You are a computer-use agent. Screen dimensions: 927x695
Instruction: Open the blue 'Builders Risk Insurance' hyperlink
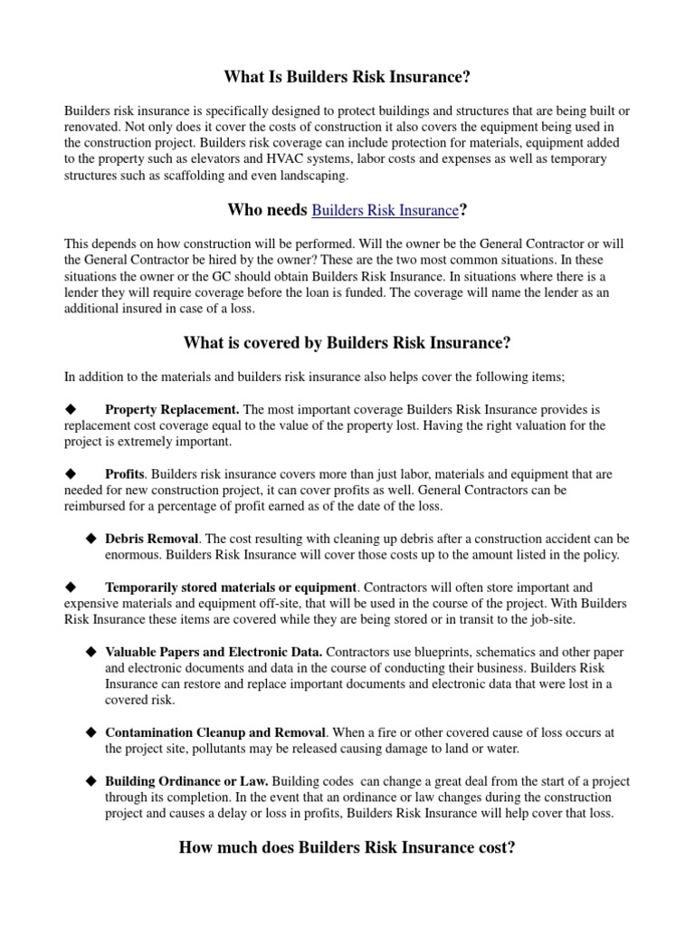385,210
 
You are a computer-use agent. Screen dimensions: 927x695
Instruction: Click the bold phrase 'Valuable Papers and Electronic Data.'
214,652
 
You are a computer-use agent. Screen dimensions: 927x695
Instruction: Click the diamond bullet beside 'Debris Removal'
90,539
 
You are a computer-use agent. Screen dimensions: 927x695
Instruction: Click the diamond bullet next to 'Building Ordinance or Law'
90,781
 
